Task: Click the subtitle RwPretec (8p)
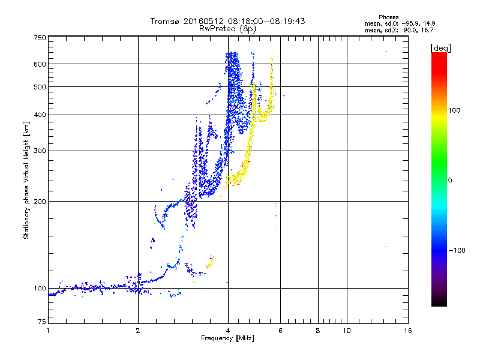click(x=227, y=29)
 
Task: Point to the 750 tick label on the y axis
click(x=40, y=38)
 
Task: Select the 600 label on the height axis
click(x=40, y=64)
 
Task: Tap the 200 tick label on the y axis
click(x=40, y=201)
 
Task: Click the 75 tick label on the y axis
click(x=41, y=322)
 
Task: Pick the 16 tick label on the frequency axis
click(x=408, y=331)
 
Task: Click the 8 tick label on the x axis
click(x=318, y=331)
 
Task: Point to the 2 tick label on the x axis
click(x=138, y=331)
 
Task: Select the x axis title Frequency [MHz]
click(x=227, y=338)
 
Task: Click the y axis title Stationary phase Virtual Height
click(x=26, y=181)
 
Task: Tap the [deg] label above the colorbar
click(x=440, y=48)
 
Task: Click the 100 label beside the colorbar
click(x=454, y=110)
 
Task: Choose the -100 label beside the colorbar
click(x=457, y=250)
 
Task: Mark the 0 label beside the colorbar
click(x=450, y=181)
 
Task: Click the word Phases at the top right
click(x=388, y=17)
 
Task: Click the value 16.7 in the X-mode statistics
click(x=427, y=30)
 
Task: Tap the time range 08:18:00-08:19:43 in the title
click(x=266, y=21)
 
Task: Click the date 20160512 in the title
click(x=203, y=21)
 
